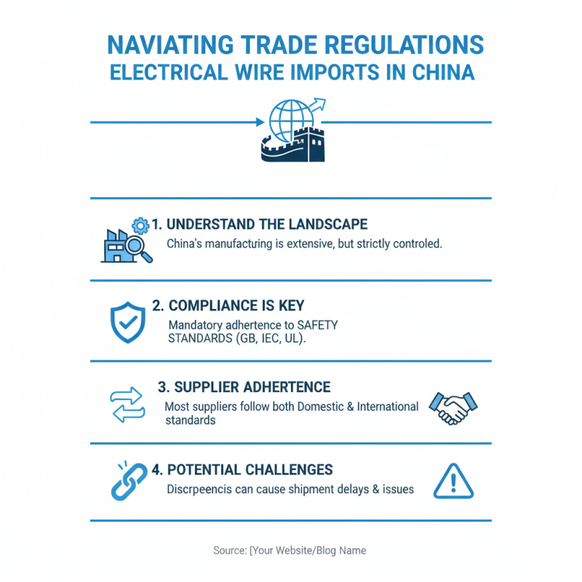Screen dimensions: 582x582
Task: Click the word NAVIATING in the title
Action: tap(170, 45)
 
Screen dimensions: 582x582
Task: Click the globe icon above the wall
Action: tap(292, 120)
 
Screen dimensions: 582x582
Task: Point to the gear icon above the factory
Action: tap(140, 226)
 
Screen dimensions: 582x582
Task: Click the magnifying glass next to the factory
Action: tap(138, 249)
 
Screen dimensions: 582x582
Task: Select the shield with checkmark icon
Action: tap(128, 322)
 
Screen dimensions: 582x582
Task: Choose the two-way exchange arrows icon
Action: tap(128, 405)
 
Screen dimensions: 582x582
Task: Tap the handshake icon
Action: tap(453, 408)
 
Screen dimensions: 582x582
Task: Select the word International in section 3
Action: tap(388, 407)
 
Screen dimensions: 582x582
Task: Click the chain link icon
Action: tap(129, 482)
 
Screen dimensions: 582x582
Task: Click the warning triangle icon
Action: tap(453, 482)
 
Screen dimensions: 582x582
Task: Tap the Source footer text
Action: tap(290, 551)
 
